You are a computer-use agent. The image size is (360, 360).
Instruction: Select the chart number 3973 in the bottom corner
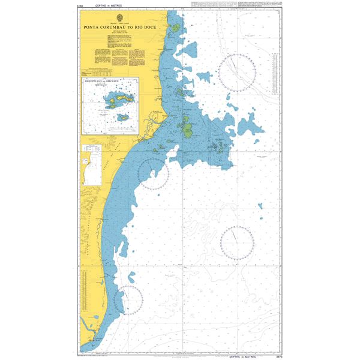277,355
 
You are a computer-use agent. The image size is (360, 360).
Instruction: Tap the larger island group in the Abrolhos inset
116,100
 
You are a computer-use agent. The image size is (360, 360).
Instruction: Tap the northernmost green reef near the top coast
175,28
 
